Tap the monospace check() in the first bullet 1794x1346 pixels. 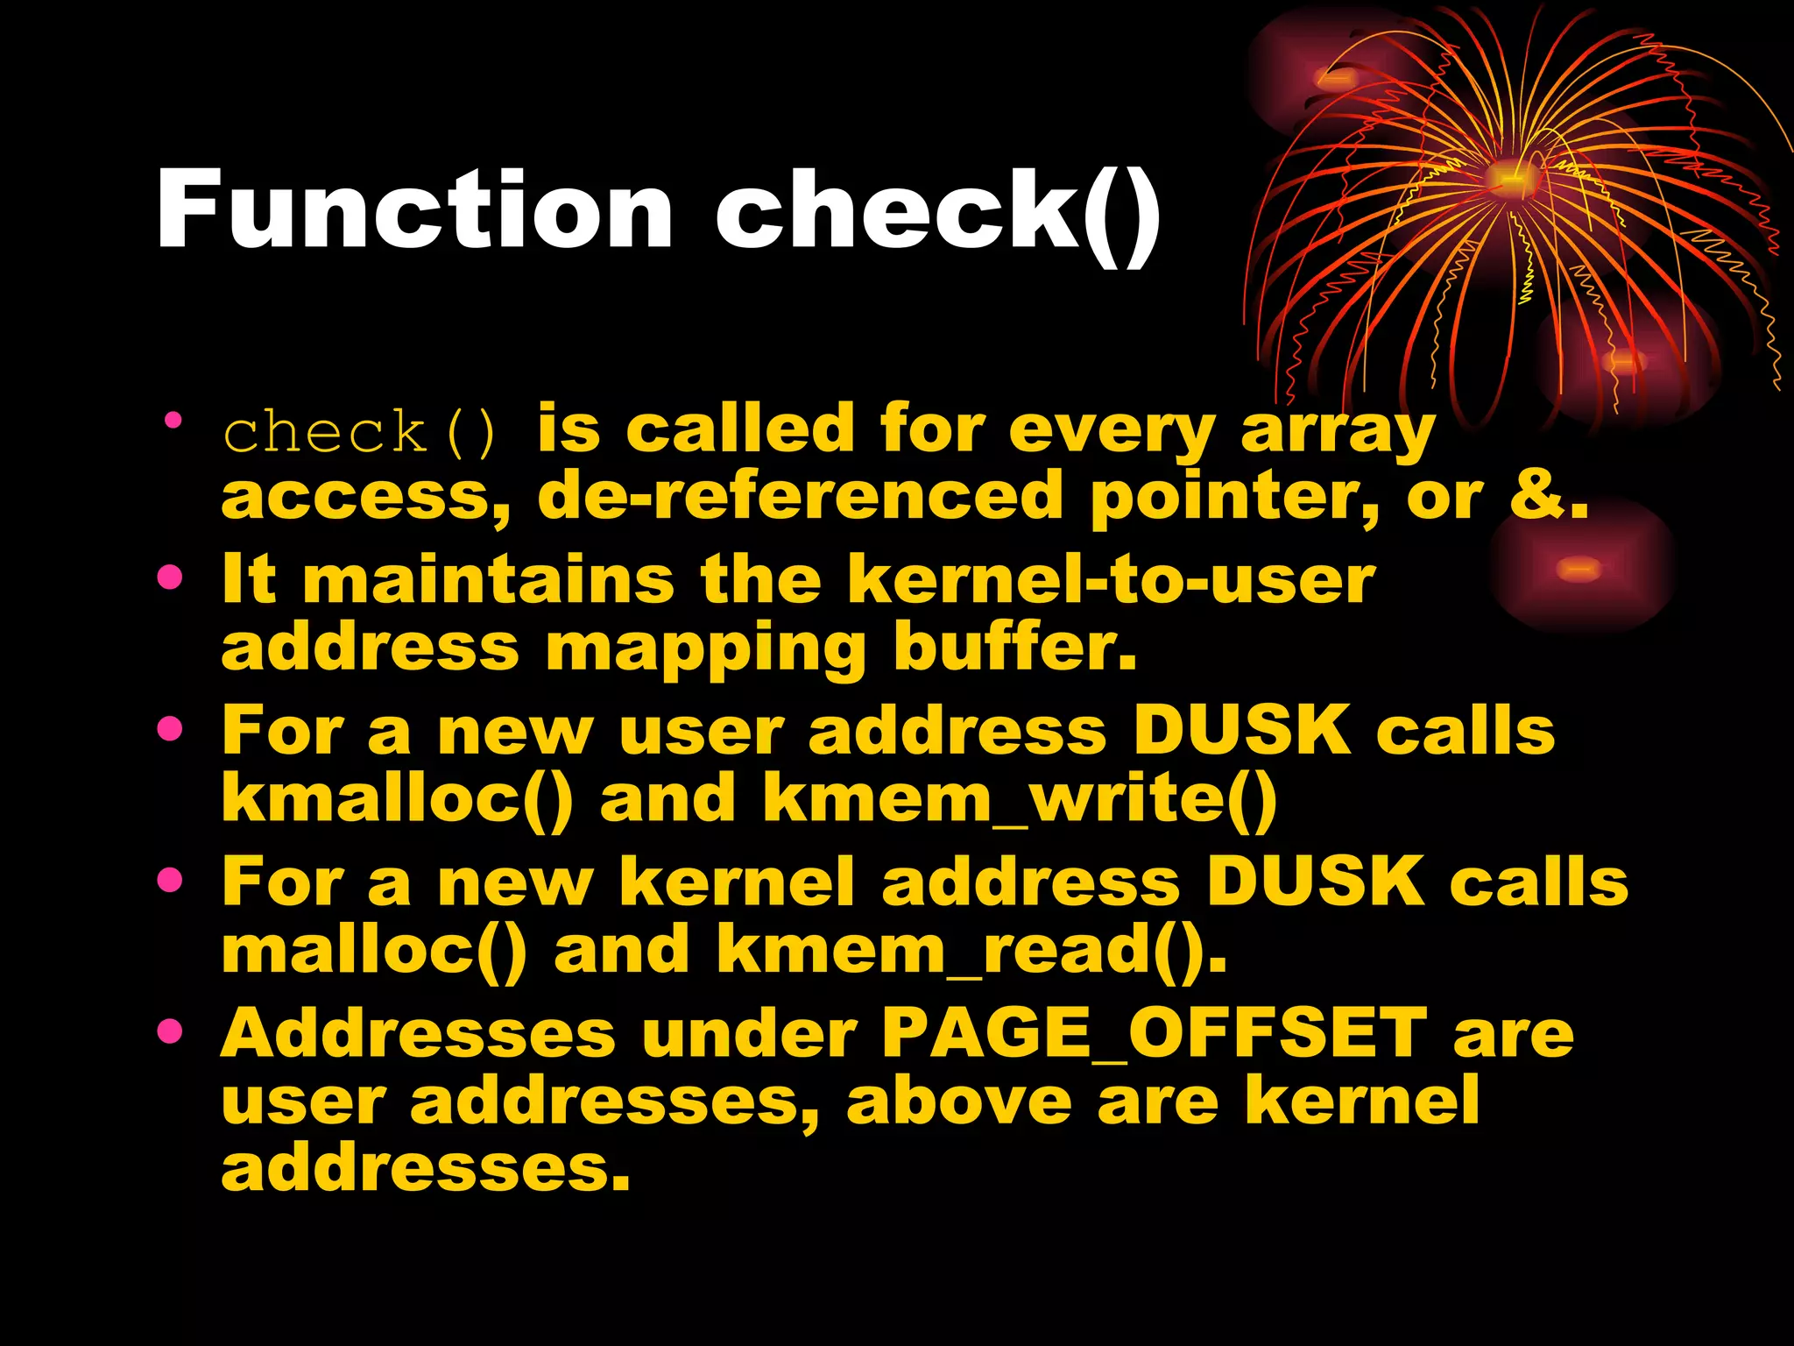coord(360,432)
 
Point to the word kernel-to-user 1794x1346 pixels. coord(1111,580)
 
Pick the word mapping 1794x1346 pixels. coord(705,650)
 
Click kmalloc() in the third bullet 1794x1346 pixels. coord(398,799)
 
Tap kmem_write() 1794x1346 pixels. coord(1020,799)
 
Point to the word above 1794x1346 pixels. coord(958,1101)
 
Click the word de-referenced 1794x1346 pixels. coord(800,496)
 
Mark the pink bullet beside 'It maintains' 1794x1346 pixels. coord(170,577)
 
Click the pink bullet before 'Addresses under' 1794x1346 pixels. coord(170,1031)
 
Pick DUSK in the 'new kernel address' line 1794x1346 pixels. coord(1314,882)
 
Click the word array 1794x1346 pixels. coord(1337,432)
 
